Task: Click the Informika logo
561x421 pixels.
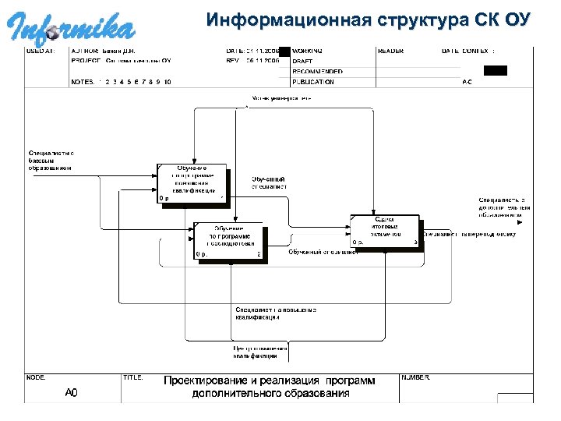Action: coord(72,25)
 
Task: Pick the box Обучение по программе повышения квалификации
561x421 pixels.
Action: coord(192,182)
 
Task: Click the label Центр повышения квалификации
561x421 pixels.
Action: coord(255,352)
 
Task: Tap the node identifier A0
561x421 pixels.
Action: coord(71,392)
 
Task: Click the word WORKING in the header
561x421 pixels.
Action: coord(307,51)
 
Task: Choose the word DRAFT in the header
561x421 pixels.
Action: coord(303,61)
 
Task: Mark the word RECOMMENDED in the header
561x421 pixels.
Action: coord(316,71)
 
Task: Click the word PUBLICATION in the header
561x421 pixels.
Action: coord(313,81)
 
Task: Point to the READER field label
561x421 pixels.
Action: coord(390,51)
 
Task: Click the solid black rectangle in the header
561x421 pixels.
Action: coord(495,70)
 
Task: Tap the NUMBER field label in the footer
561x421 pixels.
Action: coord(415,377)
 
